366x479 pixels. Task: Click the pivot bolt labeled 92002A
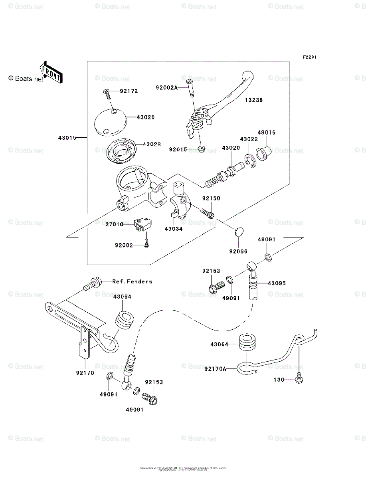(190, 87)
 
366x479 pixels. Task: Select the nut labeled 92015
(202, 149)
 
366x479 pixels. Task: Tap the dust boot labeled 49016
(263, 152)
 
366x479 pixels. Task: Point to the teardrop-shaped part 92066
(238, 232)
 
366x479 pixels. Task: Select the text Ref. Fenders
(132, 281)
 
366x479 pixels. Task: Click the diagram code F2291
(309, 57)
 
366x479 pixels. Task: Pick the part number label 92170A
(215, 369)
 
